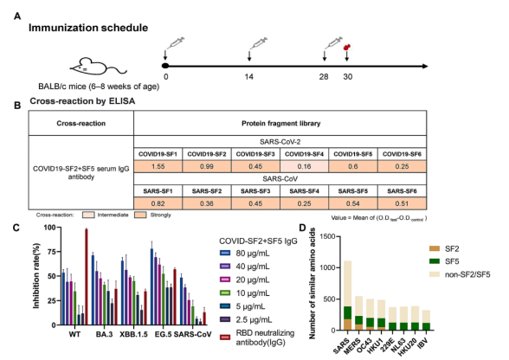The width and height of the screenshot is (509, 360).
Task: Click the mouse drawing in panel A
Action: [x=97, y=67]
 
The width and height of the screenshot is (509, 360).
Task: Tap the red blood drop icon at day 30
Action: [x=346, y=48]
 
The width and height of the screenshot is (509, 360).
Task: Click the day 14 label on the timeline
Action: [x=249, y=77]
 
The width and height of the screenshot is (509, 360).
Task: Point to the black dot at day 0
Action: [x=165, y=66]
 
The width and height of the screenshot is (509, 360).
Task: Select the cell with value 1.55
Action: [x=158, y=166]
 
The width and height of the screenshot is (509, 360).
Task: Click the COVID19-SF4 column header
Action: [x=304, y=154]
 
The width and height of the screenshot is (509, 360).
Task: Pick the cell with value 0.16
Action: [x=304, y=166]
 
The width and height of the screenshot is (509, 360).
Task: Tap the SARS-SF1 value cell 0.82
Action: [x=158, y=203]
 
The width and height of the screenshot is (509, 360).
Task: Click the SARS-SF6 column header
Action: [x=402, y=191]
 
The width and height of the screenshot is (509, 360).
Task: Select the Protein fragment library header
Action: [x=280, y=124]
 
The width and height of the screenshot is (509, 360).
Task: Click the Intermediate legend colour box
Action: [x=88, y=215]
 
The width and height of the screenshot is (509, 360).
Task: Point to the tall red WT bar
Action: [x=87, y=277]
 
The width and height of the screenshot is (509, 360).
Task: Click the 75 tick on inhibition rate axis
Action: [x=50, y=252]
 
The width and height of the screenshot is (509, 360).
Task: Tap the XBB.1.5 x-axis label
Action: [x=133, y=334]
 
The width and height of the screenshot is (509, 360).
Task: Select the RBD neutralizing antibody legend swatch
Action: [x=225, y=337]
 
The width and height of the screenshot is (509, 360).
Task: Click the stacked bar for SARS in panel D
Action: [x=347, y=295]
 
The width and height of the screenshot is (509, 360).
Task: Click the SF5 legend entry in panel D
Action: [x=444, y=261]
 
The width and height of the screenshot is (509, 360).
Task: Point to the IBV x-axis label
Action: [x=422, y=342]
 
